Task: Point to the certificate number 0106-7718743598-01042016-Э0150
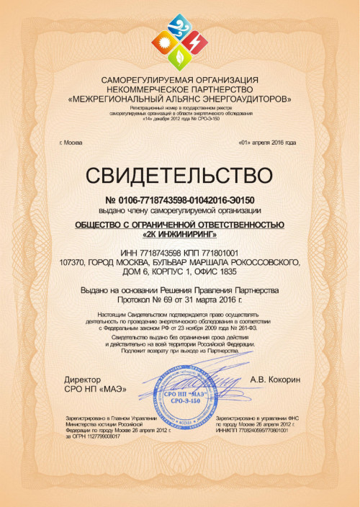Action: tap(186, 198)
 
